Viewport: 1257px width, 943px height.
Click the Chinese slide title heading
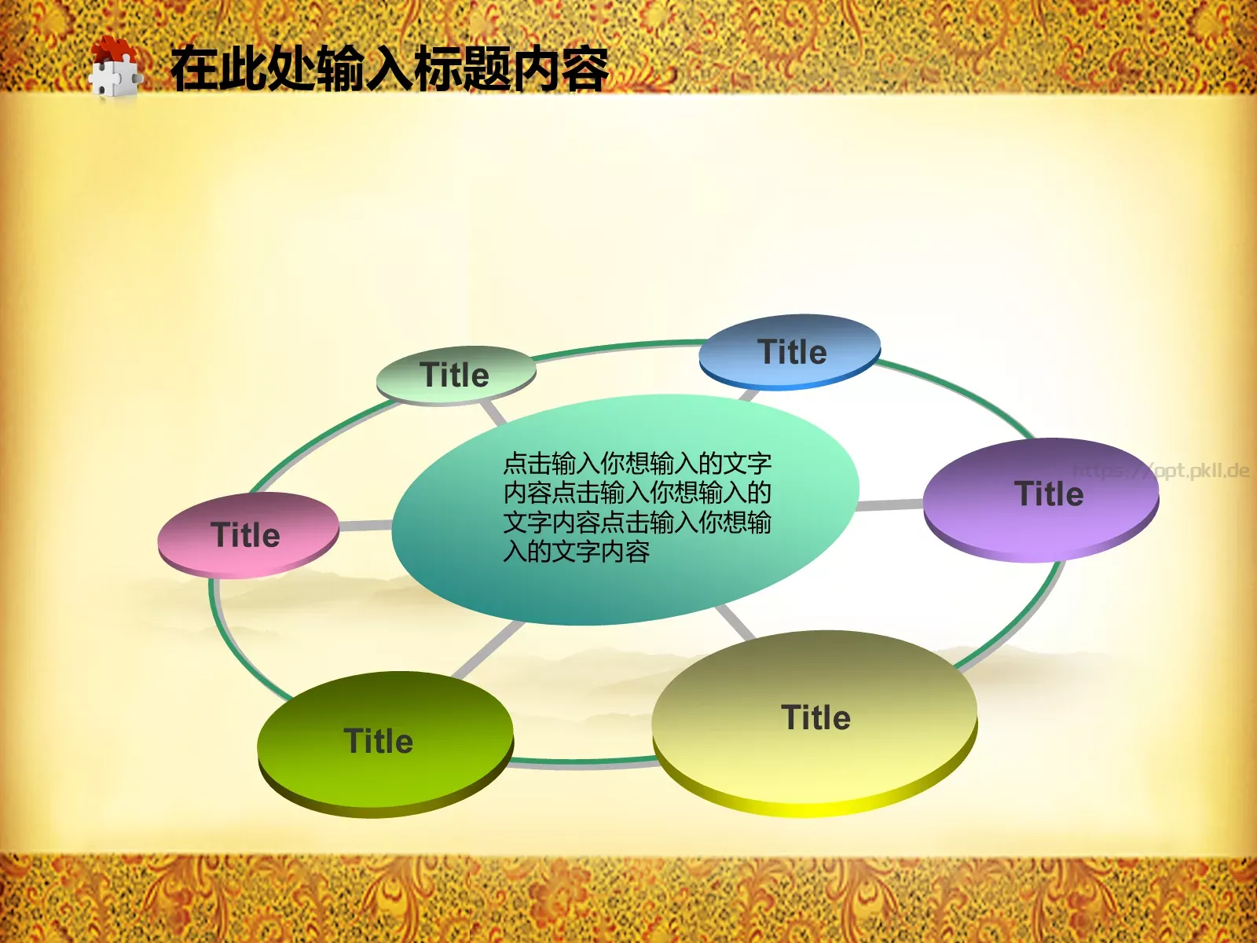389,69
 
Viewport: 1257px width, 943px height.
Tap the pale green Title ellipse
456,375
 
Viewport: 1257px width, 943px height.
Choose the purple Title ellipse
1041,498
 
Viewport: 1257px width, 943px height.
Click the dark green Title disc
385,743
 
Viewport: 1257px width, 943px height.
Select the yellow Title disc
815,721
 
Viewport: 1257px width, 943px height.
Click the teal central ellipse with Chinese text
625,509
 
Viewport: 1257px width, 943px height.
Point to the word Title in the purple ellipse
1049,494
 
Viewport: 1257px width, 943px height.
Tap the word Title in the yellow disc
815,717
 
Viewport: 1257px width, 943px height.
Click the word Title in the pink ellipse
246,535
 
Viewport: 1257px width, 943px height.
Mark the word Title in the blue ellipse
792,352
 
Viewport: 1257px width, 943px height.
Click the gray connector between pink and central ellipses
365,525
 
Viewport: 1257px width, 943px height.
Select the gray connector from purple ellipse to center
890,505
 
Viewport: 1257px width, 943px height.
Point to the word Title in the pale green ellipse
454,375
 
